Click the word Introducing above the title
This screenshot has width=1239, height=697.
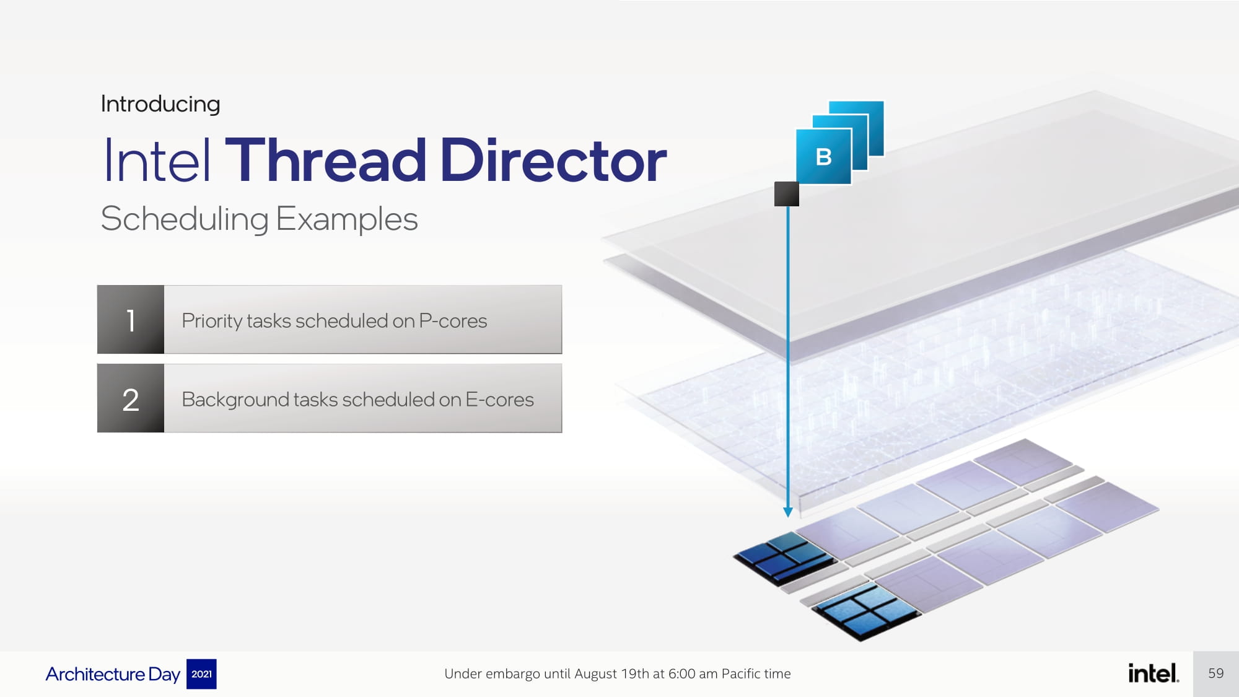[160, 105]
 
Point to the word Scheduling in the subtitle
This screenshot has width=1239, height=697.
[185, 219]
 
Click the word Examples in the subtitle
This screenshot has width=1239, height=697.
[347, 219]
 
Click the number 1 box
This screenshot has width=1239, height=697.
[131, 320]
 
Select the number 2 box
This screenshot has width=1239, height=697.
[131, 398]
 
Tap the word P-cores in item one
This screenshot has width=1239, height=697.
[453, 321]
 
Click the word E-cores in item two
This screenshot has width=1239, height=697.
[499, 400]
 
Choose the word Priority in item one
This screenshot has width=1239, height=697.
[212, 322]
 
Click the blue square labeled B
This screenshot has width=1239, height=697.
[823, 156]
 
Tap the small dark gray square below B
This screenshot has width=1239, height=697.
[787, 194]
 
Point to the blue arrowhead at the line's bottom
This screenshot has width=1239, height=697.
[788, 512]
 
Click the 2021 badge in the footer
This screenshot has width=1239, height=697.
[201, 674]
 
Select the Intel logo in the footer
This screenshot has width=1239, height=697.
[1153, 673]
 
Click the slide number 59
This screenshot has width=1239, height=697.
[1216, 673]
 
